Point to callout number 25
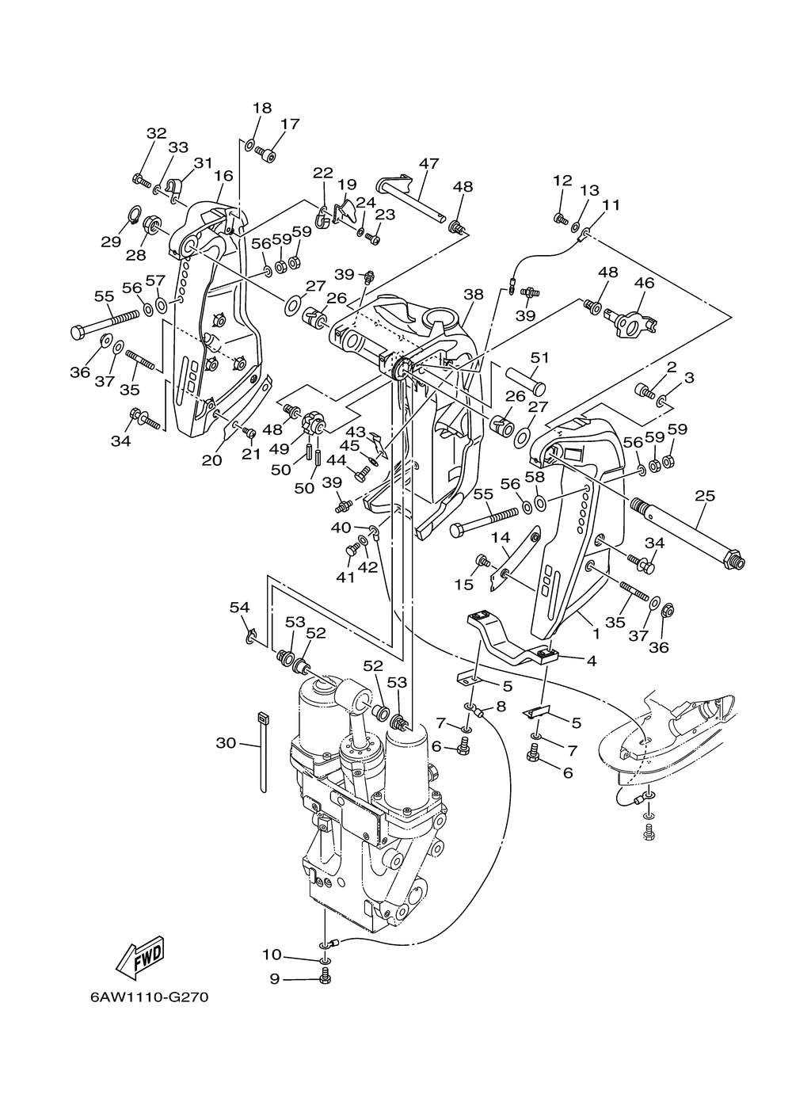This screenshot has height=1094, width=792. tap(705, 496)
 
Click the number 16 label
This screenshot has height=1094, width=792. tap(223, 175)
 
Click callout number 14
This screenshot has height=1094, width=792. tap(501, 538)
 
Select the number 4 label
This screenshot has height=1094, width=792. tap(592, 661)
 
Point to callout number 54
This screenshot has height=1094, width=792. tap(240, 607)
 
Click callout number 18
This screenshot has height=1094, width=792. tap(262, 108)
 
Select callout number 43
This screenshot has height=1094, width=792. tap(356, 432)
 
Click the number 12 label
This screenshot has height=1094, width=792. tap(562, 180)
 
